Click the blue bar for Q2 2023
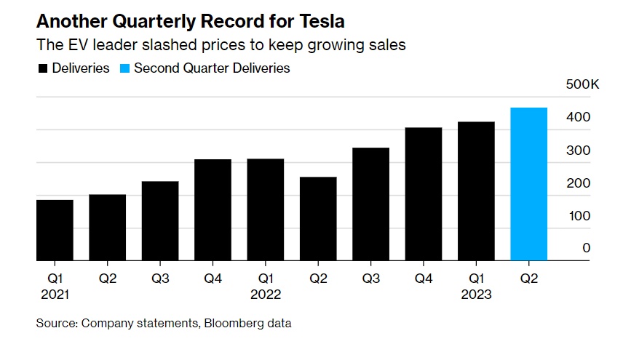(x=529, y=184)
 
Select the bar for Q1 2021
(x=55, y=230)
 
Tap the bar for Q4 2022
(x=424, y=193)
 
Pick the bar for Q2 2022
(x=318, y=218)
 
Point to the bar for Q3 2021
(x=160, y=220)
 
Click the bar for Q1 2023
(x=476, y=191)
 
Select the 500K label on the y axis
(x=582, y=85)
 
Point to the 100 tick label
(x=580, y=216)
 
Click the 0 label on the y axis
(x=586, y=249)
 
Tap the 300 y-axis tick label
(x=580, y=151)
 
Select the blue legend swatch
(x=124, y=68)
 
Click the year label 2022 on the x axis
(x=266, y=295)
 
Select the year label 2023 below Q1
(x=476, y=295)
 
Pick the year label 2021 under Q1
(x=55, y=295)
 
